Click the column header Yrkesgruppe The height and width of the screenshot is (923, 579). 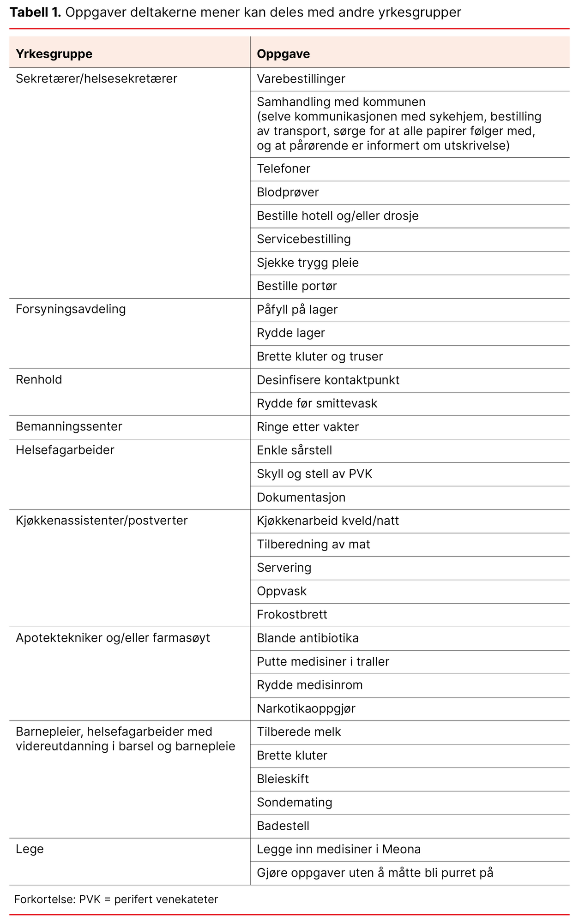click(x=54, y=54)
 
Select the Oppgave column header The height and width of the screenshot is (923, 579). click(x=283, y=54)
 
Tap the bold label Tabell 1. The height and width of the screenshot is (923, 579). click(x=35, y=12)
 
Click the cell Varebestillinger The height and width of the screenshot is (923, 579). click(x=301, y=79)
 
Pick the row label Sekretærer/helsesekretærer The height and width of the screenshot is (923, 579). click(x=96, y=78)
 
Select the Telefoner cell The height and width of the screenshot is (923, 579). click(x=283, y=169)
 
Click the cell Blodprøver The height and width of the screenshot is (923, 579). click(x=288, y=192)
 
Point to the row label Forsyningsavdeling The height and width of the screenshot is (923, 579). click(x=71, y=309)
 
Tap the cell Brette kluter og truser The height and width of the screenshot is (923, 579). click(x=320, y=357)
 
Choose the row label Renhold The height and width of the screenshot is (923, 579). click(x=39, y=380)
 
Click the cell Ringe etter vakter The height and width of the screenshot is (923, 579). click(x=308, y=427)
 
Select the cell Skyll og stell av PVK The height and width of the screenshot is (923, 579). click(x=314, y=474)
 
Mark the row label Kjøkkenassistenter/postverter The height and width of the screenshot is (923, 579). click(x=102, y=521)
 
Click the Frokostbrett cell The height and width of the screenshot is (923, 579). click(x=292, y=615)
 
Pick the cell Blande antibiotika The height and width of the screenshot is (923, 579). click(x=308, y=638)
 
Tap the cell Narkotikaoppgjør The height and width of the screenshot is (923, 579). click(x=306, y=708)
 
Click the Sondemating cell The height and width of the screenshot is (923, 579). click(x=295, y=803)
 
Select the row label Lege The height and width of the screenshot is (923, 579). click(x=30, y=849)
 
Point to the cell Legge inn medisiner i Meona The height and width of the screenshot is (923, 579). click(x=338, y=850)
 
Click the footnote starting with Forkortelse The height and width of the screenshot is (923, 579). click(x=116, y=899)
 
